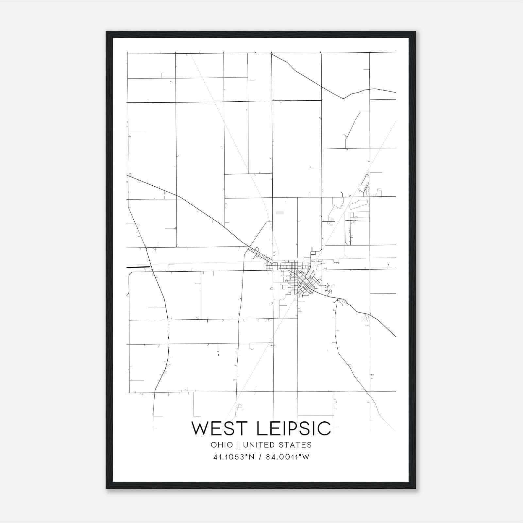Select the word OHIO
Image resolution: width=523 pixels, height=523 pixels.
point(222,445)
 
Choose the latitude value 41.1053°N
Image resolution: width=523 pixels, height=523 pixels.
point(233,457)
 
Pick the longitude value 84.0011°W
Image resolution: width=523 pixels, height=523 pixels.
point(288,457)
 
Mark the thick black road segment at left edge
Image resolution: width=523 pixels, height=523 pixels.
point(138,267)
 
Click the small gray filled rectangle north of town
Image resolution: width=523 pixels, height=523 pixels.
point(280,213)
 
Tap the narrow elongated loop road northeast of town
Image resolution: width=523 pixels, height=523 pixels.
point(365,183)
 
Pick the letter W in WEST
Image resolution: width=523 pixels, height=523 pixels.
point(200,429)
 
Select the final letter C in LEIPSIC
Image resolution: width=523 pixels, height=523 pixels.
point(325,429)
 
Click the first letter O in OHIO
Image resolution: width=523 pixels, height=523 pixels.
point(213,445)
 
